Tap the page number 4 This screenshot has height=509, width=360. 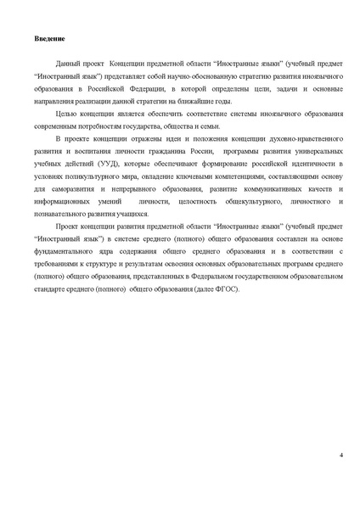[x=340, y=456]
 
